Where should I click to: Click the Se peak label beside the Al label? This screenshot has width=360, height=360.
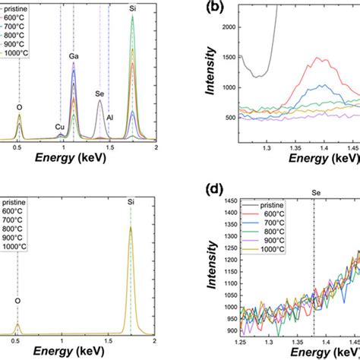tap(99, 94)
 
